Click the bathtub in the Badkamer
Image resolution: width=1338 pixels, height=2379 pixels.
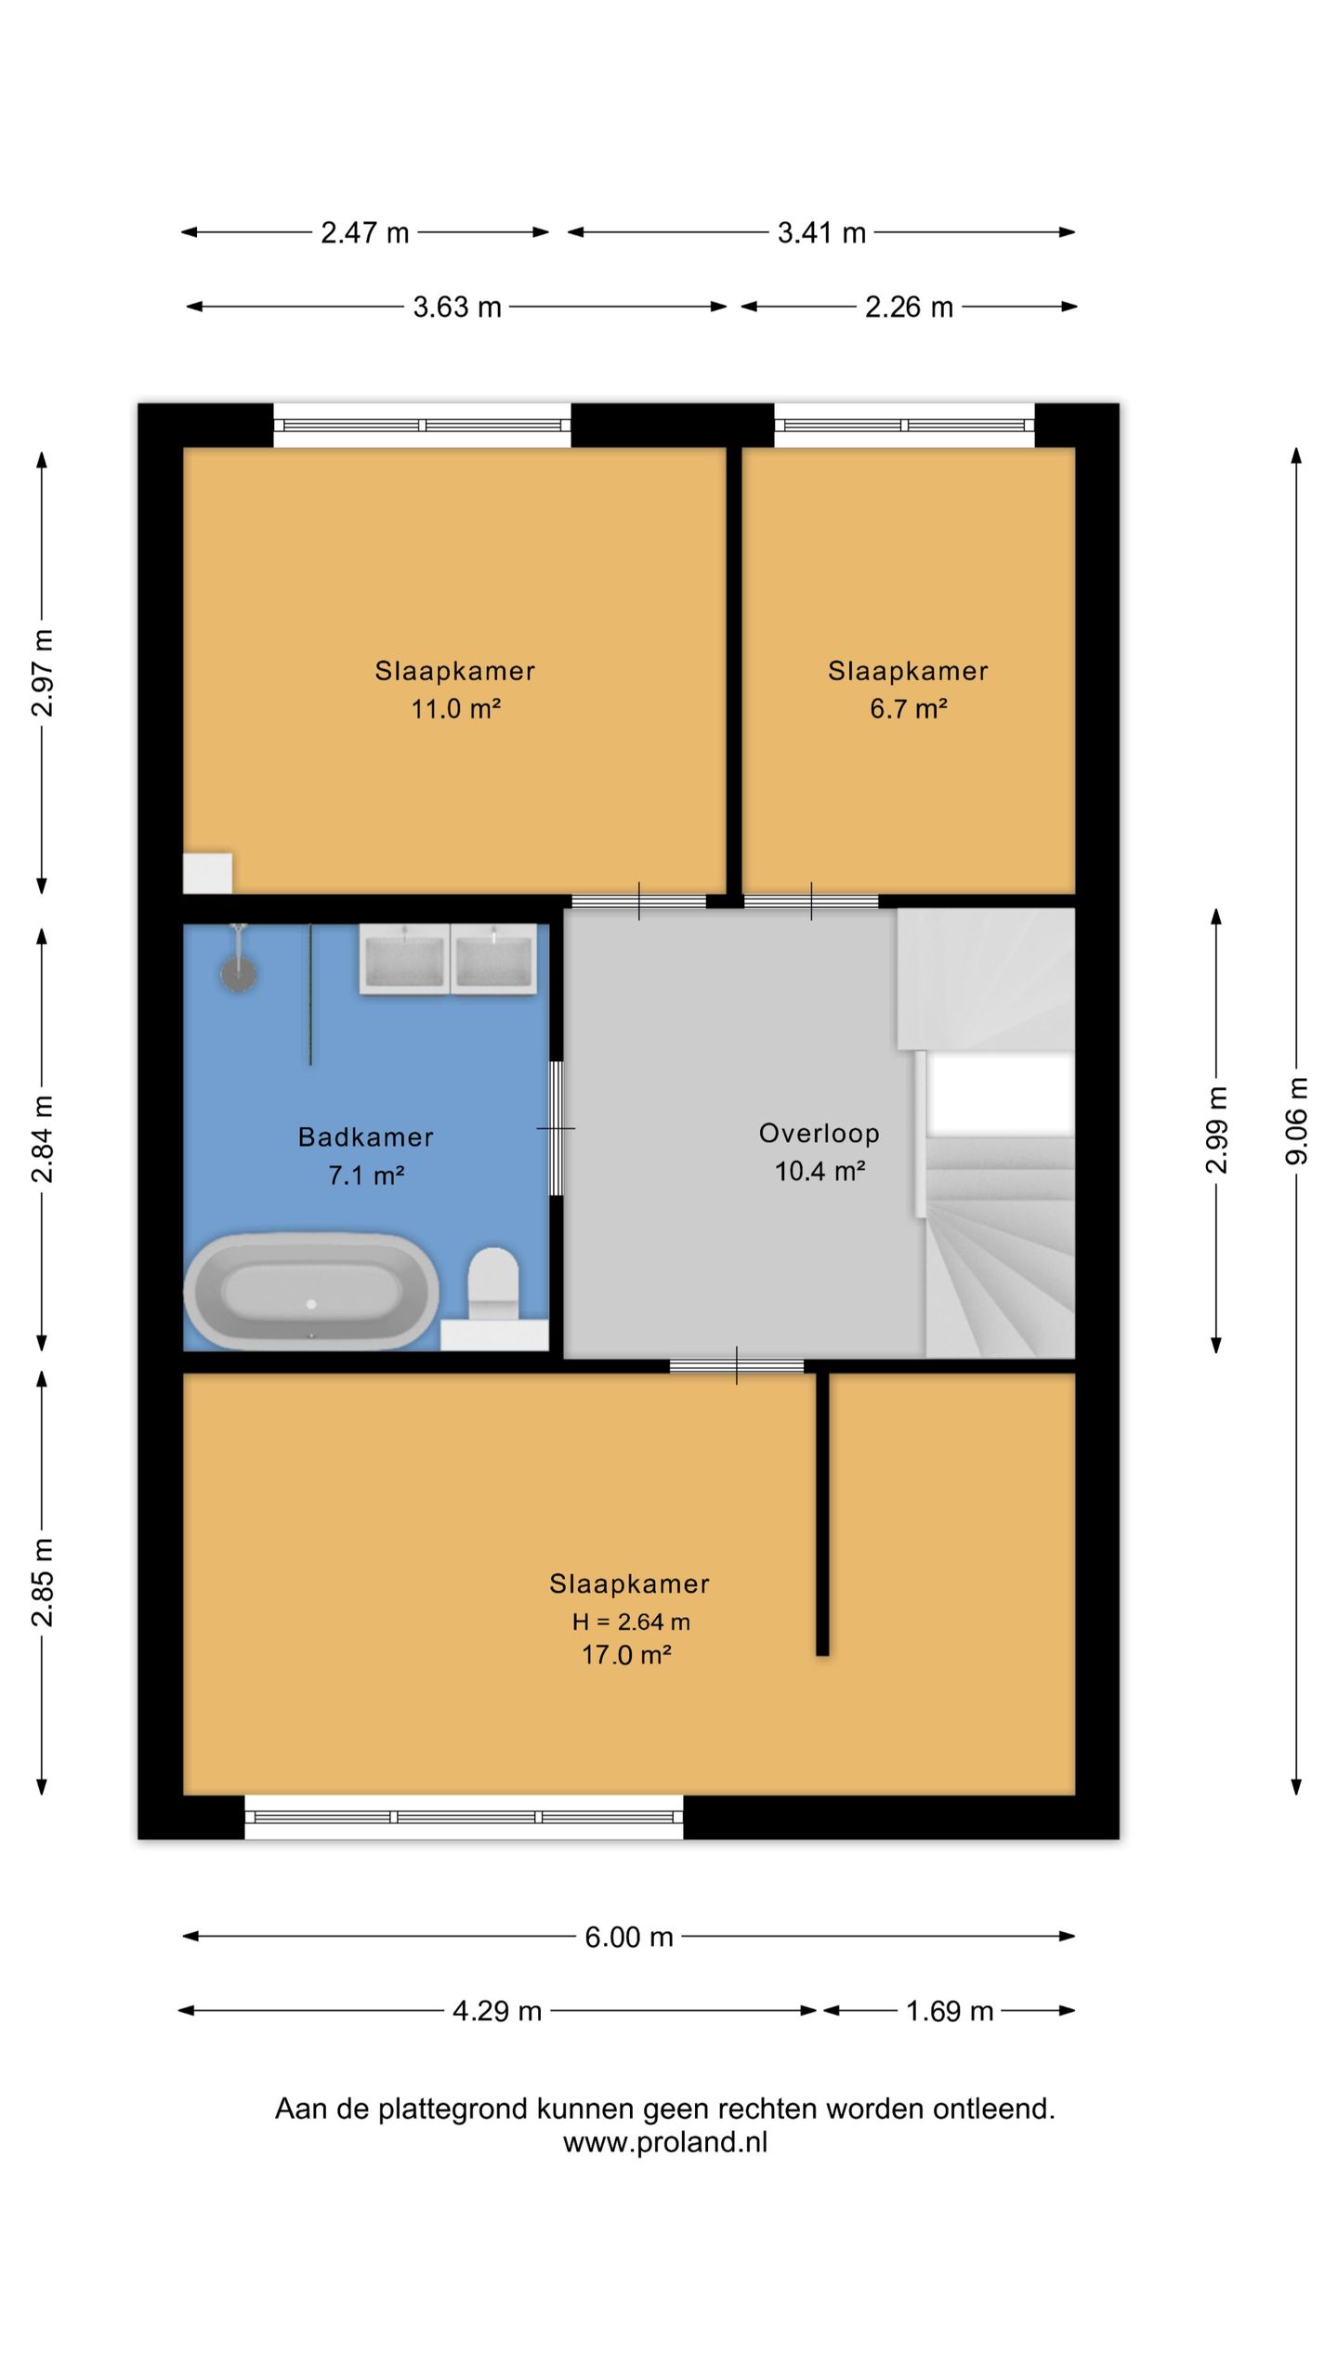pyautogui.click(x=311, y=1291)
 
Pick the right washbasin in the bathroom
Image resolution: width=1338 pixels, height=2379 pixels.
pyautogui.click(x=493, y=959)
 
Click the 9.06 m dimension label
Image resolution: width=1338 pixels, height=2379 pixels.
pyautogui.click(x=1297, y=1120)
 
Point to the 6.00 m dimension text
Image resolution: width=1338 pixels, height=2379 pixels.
pyautogui.click(x=628, y=1938)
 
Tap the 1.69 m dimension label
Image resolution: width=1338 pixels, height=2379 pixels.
pyautogui.click(x=950, y=2012)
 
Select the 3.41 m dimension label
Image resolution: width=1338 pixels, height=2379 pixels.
pyautogui.click(x=821, y=232)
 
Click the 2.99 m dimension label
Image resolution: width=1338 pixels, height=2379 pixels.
pyautogui.click(x=1216, y=1129)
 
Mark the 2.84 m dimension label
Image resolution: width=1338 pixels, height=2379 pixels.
pyautogui.click(x=43, y=1138)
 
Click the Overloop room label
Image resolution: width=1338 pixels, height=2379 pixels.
pyautogui.click(x=820, y=1134)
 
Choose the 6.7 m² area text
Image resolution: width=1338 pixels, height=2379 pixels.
pyautogui.click(x=909, y=709)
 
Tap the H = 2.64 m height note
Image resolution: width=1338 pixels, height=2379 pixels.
pyautogui.click(x=631, y=1623)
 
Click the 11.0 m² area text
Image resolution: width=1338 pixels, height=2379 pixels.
pyautogui.click(x=456, y=709)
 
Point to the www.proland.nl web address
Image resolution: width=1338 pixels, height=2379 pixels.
pyautogui.click(x=665, y=2142)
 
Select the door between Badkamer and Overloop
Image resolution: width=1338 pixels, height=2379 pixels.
pyautogui.click(x=556, y=1128)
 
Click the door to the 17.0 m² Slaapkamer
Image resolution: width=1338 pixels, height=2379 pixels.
pyautogui.click(x=737, y=1366)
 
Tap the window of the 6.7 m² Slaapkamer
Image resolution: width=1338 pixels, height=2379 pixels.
pyautogui.click(x=905, y=426)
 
